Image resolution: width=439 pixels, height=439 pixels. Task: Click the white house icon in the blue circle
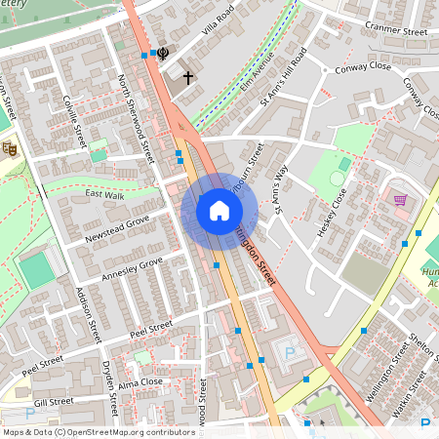[x=219, y=210]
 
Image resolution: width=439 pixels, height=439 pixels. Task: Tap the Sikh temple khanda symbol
[x=162, y=55]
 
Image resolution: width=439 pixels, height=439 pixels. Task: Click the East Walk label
[x=105, y=195]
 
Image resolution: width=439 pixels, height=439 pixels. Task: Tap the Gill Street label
[x=53, y=401]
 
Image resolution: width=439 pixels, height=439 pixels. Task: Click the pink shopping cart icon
[x=400, y=199]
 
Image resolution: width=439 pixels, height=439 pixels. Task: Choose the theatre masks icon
[x=9, y=148]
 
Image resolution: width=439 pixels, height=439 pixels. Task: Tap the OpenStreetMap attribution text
[x=98, y=431]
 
